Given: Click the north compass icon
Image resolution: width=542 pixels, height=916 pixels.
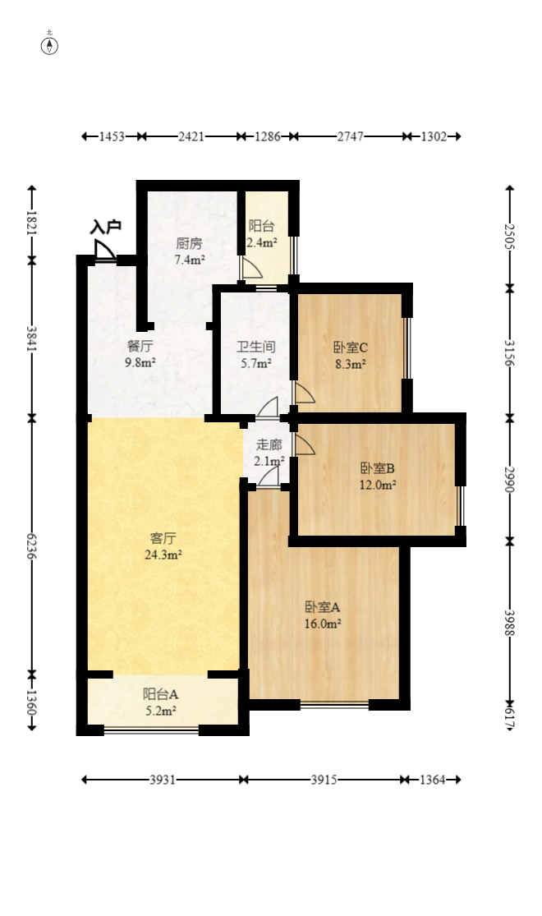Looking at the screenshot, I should tap(50, 44).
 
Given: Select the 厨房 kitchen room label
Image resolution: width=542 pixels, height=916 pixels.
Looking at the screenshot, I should tap(189, 244).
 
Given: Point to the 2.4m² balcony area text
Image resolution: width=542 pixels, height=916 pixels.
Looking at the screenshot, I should tap(262, 242).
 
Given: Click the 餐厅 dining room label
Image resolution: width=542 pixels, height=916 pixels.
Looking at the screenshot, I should tap(140, 347).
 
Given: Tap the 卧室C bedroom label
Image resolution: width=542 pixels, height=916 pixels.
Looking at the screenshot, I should tap(350, 347).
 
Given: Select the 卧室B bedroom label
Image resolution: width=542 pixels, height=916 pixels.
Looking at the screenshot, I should tap(377, 468).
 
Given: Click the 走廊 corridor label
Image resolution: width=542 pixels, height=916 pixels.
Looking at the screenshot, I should tap(269, 445).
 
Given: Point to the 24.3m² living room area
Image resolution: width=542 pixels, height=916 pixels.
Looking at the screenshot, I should tap(163, 555).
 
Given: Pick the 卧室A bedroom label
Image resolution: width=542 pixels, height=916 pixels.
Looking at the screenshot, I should tap(322, 607).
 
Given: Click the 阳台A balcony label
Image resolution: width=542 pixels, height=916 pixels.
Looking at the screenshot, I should tap(161, 693).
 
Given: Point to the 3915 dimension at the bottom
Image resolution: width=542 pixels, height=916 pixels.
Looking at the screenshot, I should tap(324, 780).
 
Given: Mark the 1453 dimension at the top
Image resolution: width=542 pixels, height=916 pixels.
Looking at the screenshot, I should tap(112, 136).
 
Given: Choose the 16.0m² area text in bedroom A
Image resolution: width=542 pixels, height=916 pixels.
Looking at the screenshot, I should tap(323, 624).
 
